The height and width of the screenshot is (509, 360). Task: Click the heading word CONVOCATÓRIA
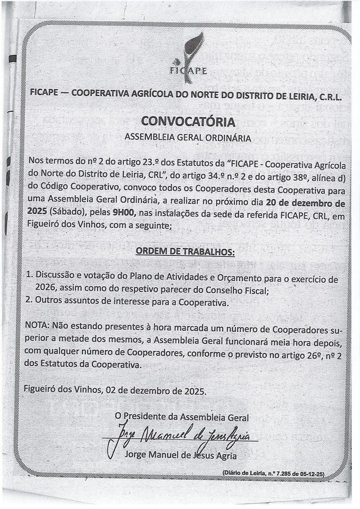(x=188, y=122)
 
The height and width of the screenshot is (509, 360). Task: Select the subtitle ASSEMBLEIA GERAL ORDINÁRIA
(x=187, y=138)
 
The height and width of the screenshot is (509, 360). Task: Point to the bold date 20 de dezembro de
(x=305, y=203)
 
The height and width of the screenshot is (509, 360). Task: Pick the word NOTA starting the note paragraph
(x=37, y=325)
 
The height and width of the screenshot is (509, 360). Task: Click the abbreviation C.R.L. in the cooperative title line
(x=327, y=97)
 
